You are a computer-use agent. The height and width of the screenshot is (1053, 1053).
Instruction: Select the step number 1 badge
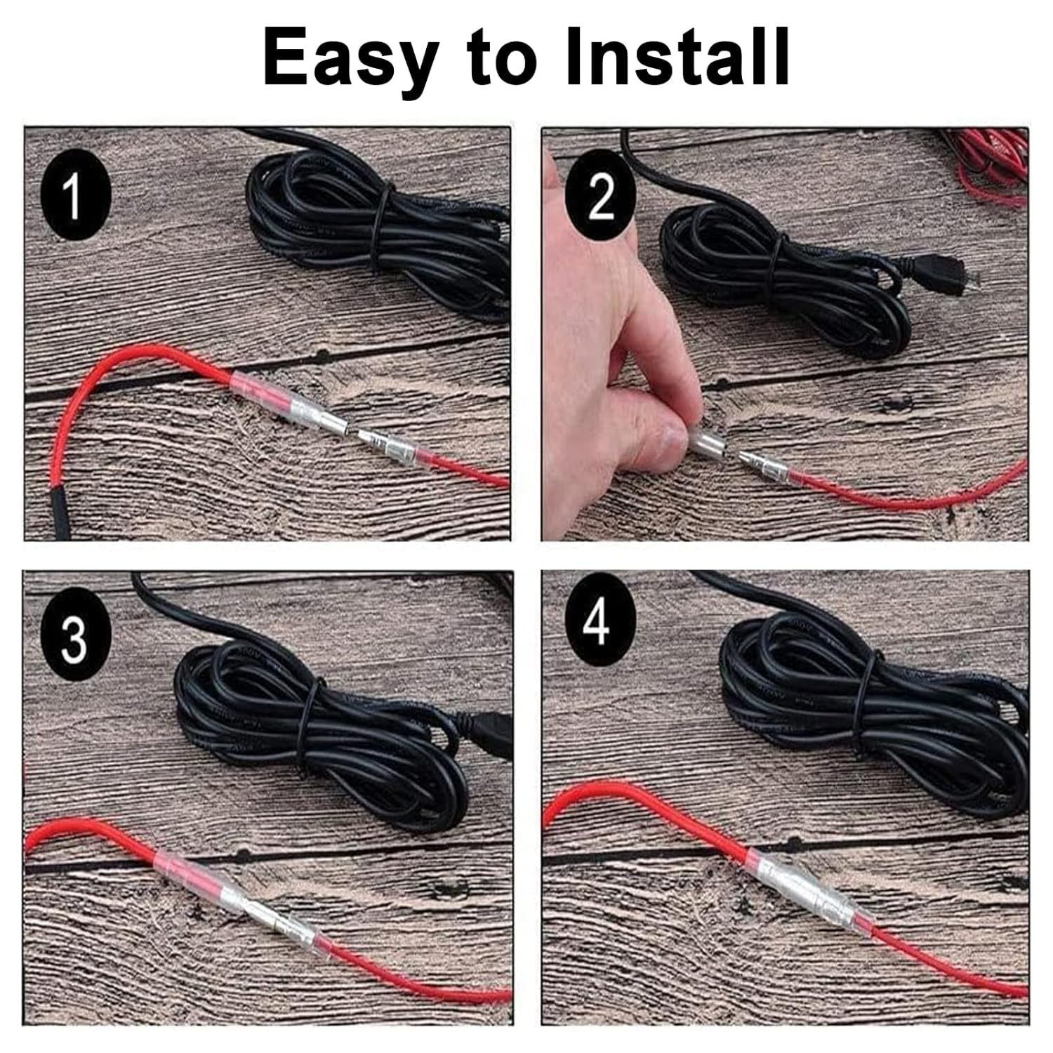coord(75,196)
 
